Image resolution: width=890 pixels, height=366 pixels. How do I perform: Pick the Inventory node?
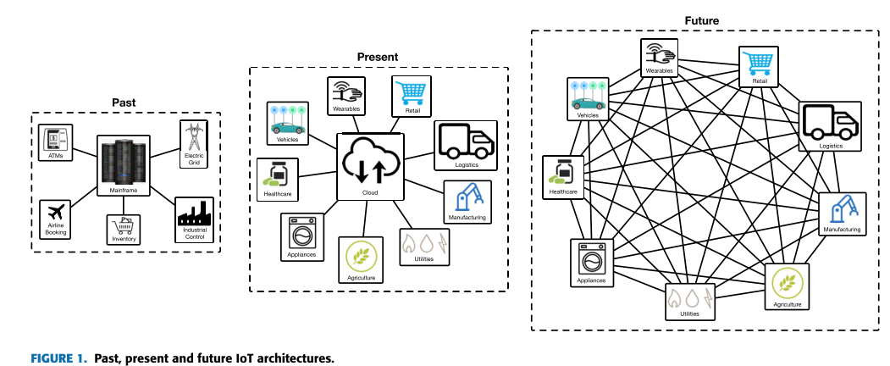(123, 228)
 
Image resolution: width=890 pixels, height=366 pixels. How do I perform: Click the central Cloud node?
(371, 165)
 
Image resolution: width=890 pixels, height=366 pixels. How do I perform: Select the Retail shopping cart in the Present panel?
(411, 95)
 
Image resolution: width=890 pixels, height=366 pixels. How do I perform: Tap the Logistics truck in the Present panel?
(466, 145)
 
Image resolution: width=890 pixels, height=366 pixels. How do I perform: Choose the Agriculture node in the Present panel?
(362, 260)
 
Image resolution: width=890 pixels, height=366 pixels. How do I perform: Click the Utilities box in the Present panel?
(425, 246)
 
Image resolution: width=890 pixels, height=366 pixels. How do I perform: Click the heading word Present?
(378, 58)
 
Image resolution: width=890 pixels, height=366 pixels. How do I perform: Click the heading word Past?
(124, 103)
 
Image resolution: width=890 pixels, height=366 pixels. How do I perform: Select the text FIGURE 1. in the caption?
(58, 358)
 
